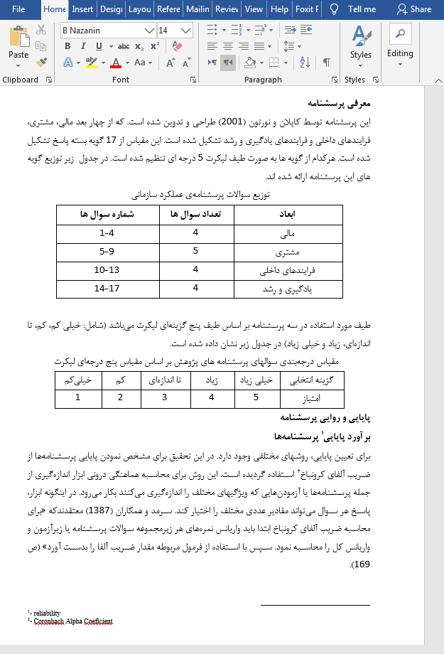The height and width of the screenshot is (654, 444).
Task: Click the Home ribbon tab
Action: pos(55,9)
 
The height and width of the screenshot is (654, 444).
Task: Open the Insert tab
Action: pos(82,9)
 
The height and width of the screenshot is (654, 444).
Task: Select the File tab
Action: pos(18,9)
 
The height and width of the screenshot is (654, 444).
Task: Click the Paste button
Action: pos(18,44)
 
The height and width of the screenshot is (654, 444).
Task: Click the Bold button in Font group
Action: pos(68,46)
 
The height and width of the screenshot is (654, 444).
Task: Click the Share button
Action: pos(414,9)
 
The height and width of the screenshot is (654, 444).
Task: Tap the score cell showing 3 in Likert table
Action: pos(164,397)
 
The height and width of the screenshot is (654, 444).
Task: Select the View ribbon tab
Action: pos(253,9)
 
